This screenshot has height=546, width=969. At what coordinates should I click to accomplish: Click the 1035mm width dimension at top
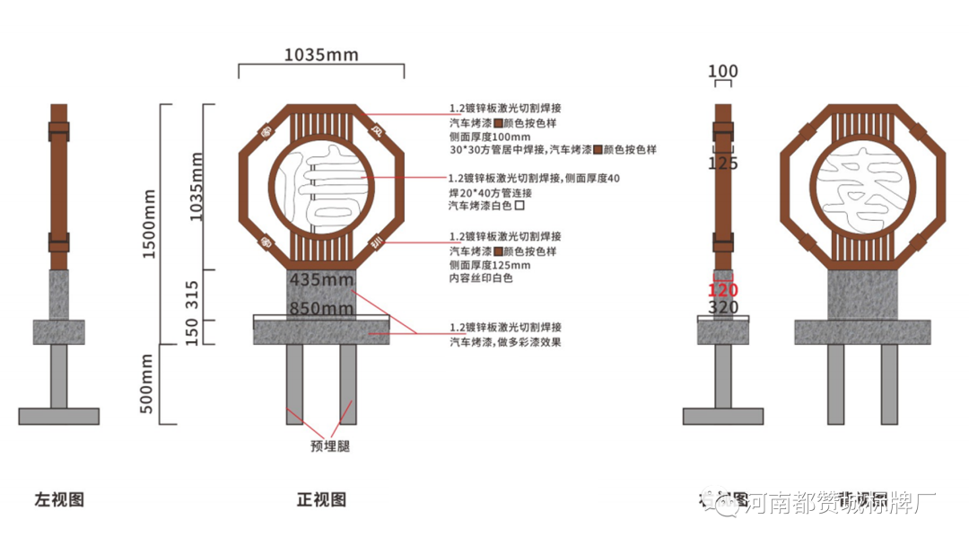click(321, 55)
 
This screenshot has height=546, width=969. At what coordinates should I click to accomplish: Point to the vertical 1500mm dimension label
click(150, 224)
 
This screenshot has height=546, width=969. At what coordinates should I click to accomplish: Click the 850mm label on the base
click(321, 309)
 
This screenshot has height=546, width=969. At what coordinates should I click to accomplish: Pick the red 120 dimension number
click(722, 291)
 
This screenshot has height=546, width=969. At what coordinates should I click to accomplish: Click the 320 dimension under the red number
click(722, 308)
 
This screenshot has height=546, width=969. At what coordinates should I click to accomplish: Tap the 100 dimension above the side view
click(722, 72)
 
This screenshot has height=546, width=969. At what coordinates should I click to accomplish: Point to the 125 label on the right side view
click(722, 163)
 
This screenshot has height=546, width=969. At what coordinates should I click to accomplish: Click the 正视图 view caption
click(321, 500)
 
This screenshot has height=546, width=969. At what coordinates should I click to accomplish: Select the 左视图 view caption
click(59, 500)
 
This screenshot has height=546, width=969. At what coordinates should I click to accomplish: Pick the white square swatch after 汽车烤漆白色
click(519, 206)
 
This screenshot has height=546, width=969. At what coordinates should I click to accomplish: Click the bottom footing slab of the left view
click(58, 416)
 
